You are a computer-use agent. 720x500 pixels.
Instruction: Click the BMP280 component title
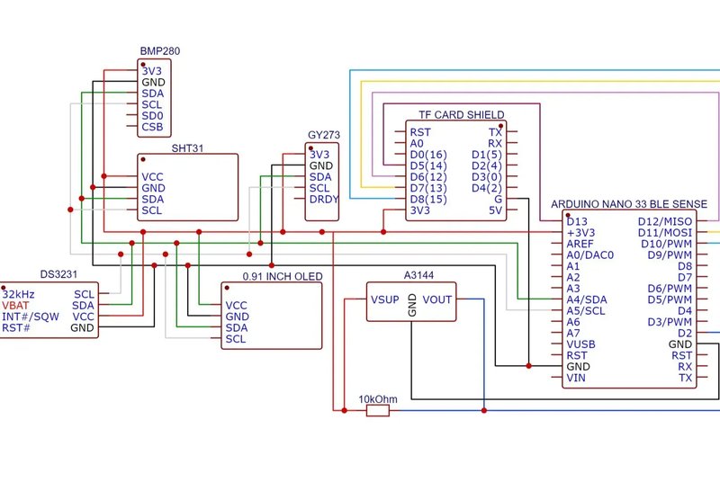(160, 51)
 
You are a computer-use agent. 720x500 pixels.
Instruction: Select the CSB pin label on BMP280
(152, 127)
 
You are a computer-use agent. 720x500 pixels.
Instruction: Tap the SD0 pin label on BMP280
(152, 116)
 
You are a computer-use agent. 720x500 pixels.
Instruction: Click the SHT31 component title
(187, 148)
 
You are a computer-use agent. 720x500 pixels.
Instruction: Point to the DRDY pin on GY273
(324, 200)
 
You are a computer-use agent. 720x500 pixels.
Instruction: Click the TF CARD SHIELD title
(462, 115)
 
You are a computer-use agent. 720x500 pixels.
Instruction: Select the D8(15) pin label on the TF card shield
(428, 200)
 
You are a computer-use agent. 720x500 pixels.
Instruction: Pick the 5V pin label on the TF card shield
(496, 210)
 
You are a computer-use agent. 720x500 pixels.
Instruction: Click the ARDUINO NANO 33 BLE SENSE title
(629, 204)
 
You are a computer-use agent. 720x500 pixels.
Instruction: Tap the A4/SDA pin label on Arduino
(587, 300)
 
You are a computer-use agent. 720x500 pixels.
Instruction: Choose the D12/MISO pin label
(665, 221)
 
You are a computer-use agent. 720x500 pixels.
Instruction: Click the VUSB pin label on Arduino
(580, 344)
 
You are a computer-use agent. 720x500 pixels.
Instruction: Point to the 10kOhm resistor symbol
(378, 411)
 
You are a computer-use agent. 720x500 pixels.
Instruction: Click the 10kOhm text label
(378, 399)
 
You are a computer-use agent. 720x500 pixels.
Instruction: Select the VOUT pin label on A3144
(437, 300)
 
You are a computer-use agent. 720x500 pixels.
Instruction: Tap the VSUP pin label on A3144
(385, 300)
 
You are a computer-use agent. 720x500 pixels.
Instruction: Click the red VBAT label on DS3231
(15, 306)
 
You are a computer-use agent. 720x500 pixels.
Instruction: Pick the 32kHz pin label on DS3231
(18, 294)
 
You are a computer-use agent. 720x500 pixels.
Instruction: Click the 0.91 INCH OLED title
(283, 277)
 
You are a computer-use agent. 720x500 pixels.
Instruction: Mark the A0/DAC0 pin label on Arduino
(590, 255)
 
